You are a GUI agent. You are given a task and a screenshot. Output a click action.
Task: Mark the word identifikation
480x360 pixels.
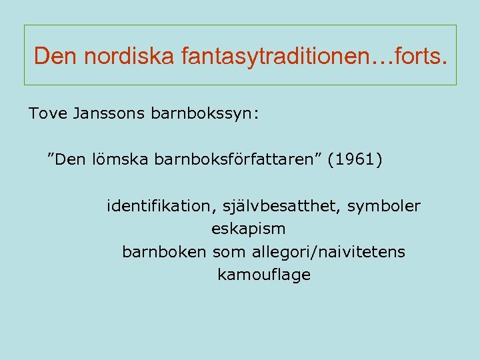coord(157,207)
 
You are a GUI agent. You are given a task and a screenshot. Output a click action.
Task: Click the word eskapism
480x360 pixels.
coord(248,229)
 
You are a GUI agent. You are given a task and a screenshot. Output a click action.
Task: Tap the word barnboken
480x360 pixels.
coord(165,253)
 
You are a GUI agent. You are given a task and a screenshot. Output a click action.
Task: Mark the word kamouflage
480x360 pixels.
coord(264,275)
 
